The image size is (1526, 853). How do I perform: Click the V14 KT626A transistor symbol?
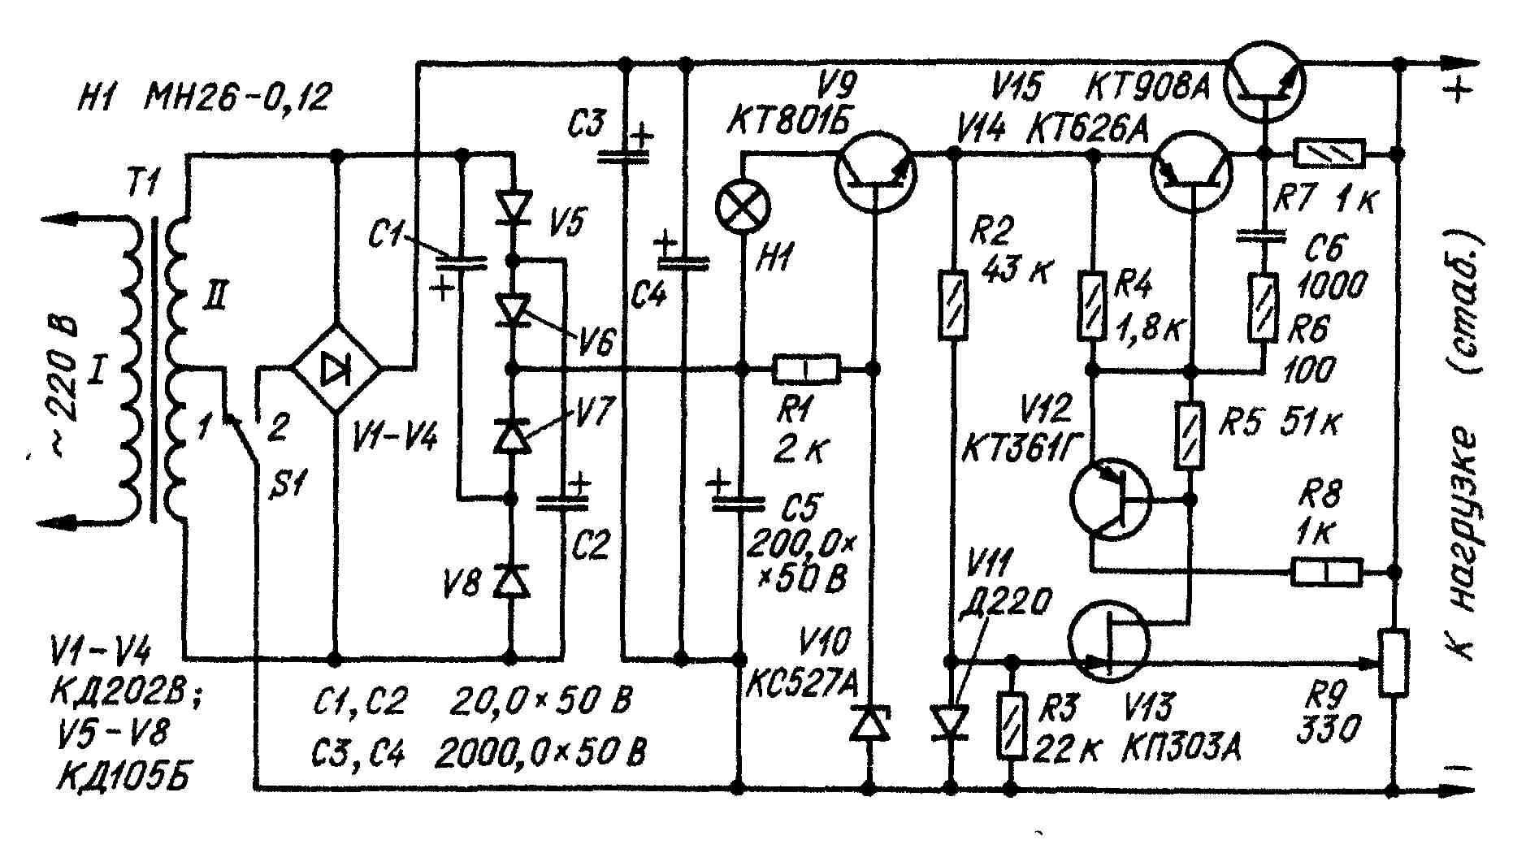[1191, 173]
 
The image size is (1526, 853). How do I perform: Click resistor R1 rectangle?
[805, 370]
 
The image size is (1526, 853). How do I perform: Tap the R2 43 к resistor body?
[953, 304]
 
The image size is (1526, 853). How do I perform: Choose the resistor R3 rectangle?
[1012, 725]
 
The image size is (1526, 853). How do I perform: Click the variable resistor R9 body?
[1394, 662]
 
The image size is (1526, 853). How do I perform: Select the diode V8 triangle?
[512, 581]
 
